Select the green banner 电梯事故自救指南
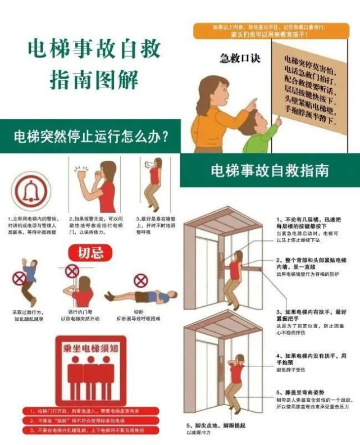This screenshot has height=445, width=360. [x=270, y=170]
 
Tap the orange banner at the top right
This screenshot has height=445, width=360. [x=271, y=30]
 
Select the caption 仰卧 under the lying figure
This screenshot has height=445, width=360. [x=140, y=311]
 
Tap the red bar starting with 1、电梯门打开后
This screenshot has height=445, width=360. [x=90, y=411]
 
